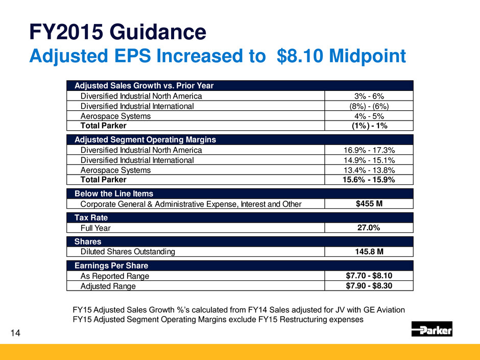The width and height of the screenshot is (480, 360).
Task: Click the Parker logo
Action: pyautogui.click(x=431, y=329)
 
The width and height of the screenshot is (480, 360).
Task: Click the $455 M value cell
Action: pyautogui.click(x=369, y=204)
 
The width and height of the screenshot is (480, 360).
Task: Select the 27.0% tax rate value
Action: pyautogui.click(x=369, y=228)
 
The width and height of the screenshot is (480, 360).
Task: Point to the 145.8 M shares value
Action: pyautogui.click(x=369, y=251)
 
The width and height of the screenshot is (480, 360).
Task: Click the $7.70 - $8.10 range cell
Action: pyautogui.click(x=369, y=276)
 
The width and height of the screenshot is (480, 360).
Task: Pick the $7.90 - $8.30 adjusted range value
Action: pyautogui.click(x=369, y=286)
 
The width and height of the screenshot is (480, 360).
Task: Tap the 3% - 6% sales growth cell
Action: pyautogui.click(x=369, y=96)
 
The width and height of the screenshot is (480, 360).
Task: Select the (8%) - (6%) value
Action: pyautogui.click(x=369, y=106)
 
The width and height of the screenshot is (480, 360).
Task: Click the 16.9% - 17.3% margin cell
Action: pyautogui.click(x=369, y=150)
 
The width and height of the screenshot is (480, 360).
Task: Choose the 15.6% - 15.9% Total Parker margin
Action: pyautogui.click(x=369, y=180)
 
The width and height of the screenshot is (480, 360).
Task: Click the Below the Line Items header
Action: pyautogui.click(x=114, y=194)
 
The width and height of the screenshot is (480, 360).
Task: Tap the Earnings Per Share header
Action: pyautogui.click(x=111, y=266)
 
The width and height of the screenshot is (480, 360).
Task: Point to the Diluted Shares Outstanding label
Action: pyautogui.click(x=128, y=252)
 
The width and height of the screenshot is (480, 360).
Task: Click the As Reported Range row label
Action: pyautogui.click(x=115, y=276)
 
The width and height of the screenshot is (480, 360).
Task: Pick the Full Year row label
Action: pyautogui.click(x=95, y=228)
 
